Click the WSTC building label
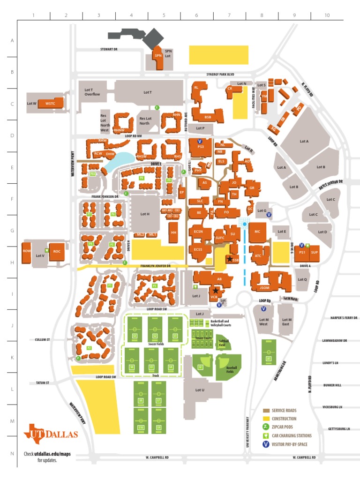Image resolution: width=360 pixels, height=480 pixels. click(x=50, y=103)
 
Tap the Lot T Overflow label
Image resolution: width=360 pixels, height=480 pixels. click(x=92, y=92)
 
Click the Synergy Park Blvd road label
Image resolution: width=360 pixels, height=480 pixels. click(x=220, y=74)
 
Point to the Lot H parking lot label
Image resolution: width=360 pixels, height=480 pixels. click(x=144, y=214)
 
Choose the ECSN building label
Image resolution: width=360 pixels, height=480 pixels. click(x=199, y=231)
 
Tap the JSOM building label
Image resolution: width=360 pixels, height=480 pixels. click(x=264, y=287)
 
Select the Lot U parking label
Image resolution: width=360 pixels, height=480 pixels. click(x=200, y=390)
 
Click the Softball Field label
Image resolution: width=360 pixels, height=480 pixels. click(x=224, y=343)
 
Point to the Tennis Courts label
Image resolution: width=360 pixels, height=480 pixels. click(x=203, y=338)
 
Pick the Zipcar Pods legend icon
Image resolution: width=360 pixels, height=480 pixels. click(x=266, y=427)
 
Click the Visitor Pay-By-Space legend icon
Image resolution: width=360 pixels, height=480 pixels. click(x=266, y=444)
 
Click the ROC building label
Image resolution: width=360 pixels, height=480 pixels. click(x=57, y=251)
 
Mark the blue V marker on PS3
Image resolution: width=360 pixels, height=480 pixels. click(x=199, y=141)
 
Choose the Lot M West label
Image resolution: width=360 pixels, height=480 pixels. click(x=263, y=321)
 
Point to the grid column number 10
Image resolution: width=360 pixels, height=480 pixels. click(x=327, y=15)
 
